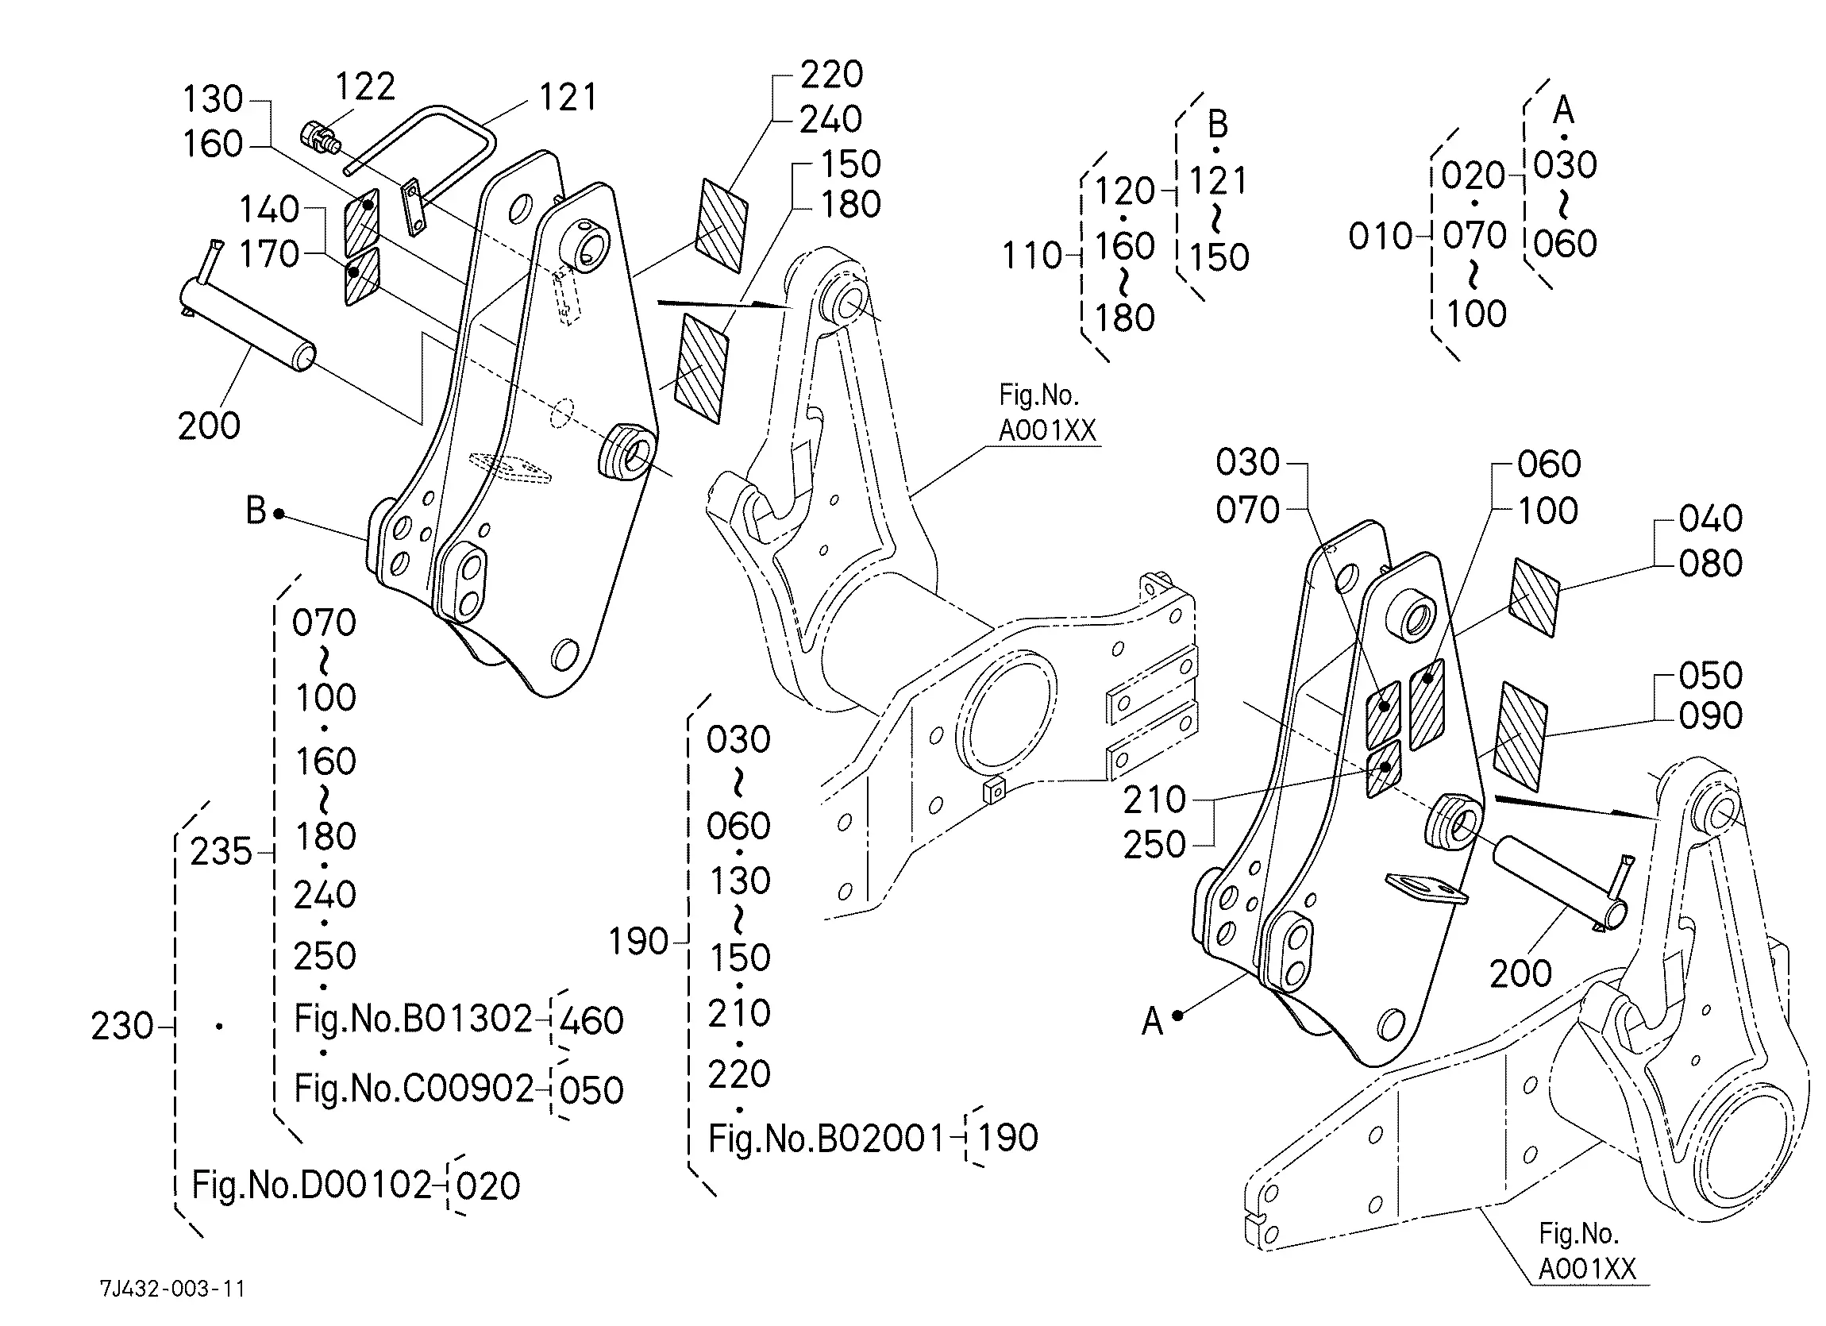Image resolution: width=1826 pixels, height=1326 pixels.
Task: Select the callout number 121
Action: tap(568, 98)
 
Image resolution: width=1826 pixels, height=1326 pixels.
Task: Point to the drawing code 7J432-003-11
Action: tap(172, 1289)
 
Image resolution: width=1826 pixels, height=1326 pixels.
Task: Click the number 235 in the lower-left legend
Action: tap(222, 852)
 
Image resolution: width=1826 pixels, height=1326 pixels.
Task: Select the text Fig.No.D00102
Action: tap(311, 1185)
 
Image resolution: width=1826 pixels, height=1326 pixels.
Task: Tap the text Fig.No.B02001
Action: tap(826, 1138)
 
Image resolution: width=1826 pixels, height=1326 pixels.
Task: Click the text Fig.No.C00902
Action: tap(414, 1089)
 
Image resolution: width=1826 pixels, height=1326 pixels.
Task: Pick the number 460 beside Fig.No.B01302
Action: tap(591, 1021)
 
